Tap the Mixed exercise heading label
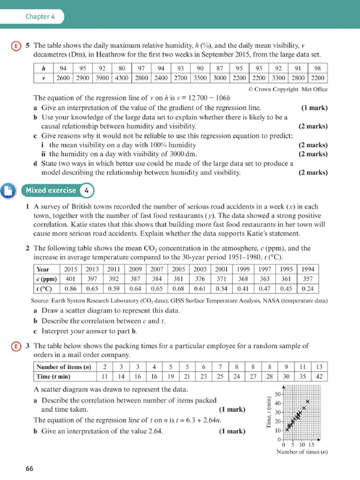(51, 190)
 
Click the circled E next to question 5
(16, 46)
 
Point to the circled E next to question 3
(16, 346)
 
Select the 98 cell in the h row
(317, 68)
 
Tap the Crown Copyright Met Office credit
(287, 89)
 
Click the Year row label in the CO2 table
(43, 270)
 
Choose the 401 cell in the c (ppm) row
(71, 279)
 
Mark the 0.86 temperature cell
(71, 289)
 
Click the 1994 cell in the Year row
(307, 270)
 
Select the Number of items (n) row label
(64, 367)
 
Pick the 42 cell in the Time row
(319, 376)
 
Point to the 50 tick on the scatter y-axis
(277, 394)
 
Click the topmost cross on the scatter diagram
(307, 402)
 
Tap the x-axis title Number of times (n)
(301, 452)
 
